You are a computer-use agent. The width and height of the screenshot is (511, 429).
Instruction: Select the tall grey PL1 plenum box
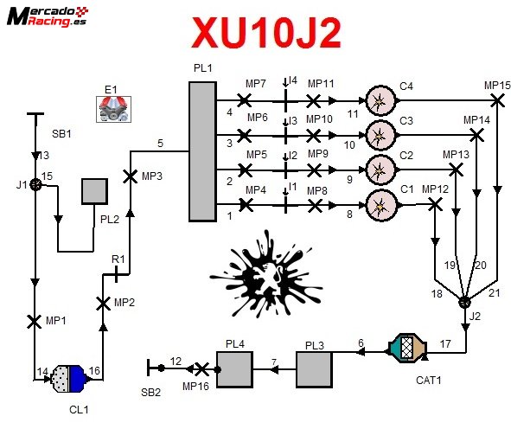tap(201, 152)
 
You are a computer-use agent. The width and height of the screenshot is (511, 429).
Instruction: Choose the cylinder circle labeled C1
tap(379, 205)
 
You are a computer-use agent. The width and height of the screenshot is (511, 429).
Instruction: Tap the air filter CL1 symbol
tap(67, 376)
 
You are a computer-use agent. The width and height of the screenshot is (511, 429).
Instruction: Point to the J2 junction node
tap(464, 302)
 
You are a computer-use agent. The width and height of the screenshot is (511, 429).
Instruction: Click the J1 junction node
tap(35, 183)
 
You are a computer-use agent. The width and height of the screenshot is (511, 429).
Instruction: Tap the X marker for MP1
tap(35, 320)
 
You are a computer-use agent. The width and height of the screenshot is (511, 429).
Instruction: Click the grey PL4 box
tap(236, 370)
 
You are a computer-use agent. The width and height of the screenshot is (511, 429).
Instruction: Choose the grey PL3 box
tap(315, 370)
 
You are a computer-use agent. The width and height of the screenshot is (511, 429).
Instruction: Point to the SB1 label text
tap(61, 134)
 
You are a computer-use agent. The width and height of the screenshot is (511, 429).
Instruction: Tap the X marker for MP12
tap(435, 204)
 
